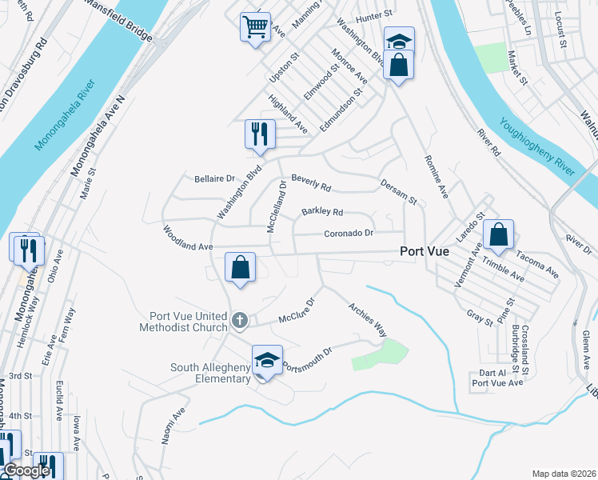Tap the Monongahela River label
66,114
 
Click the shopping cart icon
255,28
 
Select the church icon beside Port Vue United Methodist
239,321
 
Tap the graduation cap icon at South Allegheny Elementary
267,361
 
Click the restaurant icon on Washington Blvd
259,134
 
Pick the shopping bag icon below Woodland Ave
240,268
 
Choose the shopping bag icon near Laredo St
498,235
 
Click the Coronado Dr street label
349,234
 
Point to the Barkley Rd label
321,212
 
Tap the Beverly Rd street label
311,183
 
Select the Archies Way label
367,318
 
